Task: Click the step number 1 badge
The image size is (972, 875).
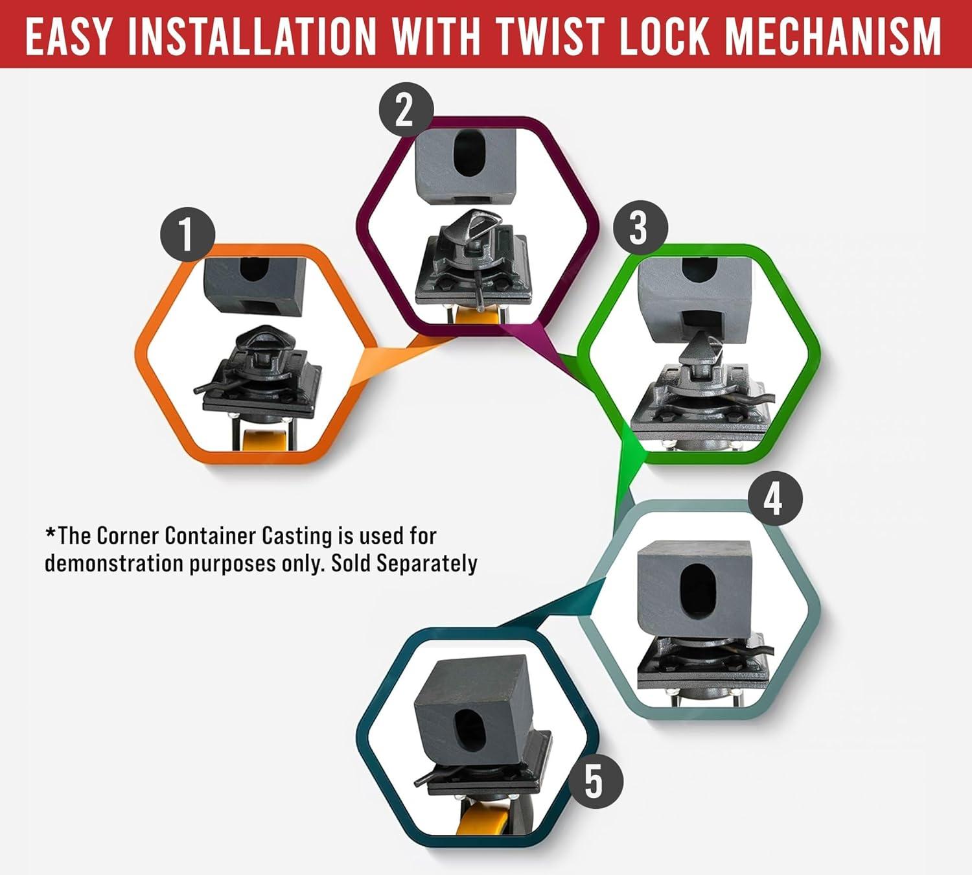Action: click(x=187, y=235)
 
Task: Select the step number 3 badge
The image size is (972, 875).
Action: click(x=640, y=228)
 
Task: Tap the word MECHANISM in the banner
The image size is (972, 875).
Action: click(x=833, y=37)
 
